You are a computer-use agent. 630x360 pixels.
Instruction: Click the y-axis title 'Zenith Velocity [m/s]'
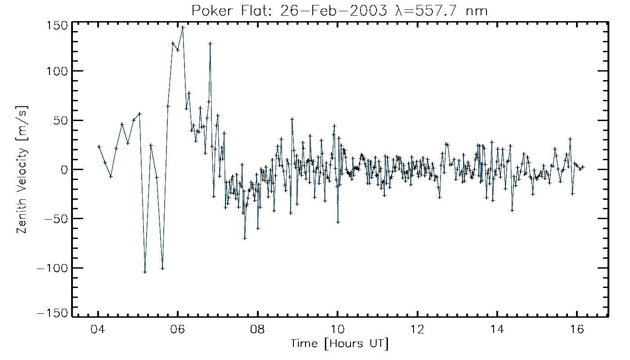point(22,170)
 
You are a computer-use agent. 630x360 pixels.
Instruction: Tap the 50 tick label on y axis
point(60,121)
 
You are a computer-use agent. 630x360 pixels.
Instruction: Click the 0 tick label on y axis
point(64,170)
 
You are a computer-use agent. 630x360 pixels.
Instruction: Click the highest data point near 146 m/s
point(183,27)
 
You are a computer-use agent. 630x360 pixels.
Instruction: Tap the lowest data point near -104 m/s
point(145,272)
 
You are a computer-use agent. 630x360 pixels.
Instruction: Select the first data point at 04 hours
point(99,147)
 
